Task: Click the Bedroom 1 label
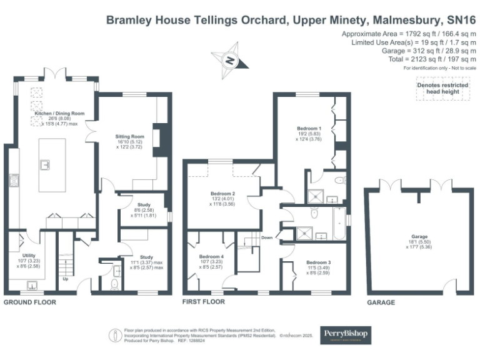coord(309,128)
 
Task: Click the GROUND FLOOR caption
coord(29,302)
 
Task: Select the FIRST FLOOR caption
coord(204,302)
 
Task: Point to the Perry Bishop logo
coord(345,334)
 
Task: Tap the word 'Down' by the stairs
coord(267,237)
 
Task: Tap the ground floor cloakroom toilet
coord(113,284)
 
